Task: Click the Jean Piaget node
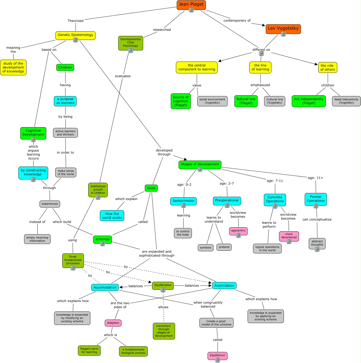pyautogui.click(x=191, y=4)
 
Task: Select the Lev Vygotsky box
pyautogui.click(x=283, y=29)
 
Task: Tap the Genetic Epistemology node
pyautogui.click(x=76, y=35)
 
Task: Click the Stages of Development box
pyautogui.click(x=200, y=164)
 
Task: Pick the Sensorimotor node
pyautogui.click(x=183, y=201)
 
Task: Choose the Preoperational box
pyautogui.click(x=227, y=200)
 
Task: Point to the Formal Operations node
pyautogui.click(x=316, y=199)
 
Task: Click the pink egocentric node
pyautogui.click(x=238, y=230)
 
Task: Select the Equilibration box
pyautogui.click(x=163, y=285)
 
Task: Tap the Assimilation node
pyautogui.click(x=224, y=286)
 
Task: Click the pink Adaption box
pyautogui.click(x=113, y=323)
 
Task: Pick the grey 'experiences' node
pyautogui.click(x=50, y=204)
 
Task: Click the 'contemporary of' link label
pyautogui.click(x=237, y=21)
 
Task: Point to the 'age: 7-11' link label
pyautogui.click(x=275, y=181)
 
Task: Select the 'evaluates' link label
pyautogui.click(x=123, y=76)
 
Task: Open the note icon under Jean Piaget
pyautogui.click(x=191, y=10)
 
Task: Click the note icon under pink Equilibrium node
pyautogui.click(x=218, y=360)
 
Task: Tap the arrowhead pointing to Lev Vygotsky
pyautogui.click(x=264, y=25)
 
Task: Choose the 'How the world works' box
pyautogui.click(x=112, y=216)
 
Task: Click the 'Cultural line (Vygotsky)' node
pyautogui.click(x=275, y=101)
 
